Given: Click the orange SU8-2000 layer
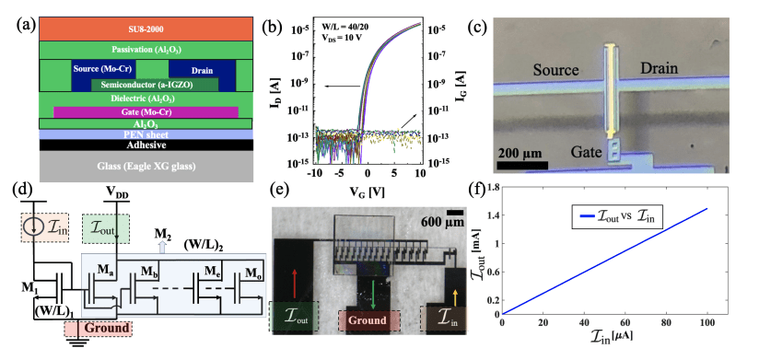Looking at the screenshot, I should pos(134,28).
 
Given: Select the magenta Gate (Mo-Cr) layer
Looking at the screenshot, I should pos(134,111).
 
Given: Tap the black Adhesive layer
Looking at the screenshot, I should pos(134,145).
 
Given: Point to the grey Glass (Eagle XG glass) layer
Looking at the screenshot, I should pos(134,168).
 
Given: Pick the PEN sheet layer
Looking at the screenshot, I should pos(134,134).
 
